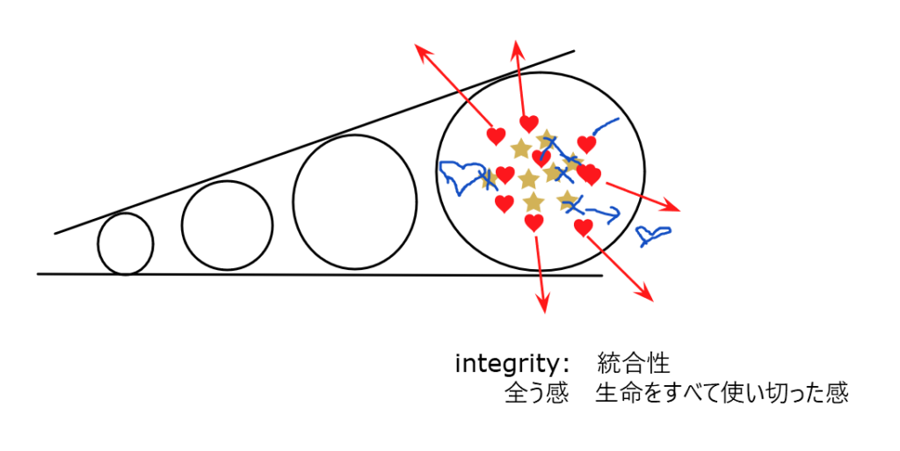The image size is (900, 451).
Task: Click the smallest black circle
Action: coord(126,244)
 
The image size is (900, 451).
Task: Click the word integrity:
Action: coord(512,363)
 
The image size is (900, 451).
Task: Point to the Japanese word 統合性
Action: coord(634,362)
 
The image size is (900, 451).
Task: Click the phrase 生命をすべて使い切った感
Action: coord(722,393)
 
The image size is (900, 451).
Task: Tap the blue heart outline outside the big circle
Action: coord(653,234)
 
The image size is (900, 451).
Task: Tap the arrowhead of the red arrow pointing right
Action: coord(678,209)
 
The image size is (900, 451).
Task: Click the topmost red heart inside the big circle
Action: coord(528,123)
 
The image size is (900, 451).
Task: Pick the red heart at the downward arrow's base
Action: coord(533,222)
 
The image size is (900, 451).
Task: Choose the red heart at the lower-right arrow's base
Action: coord(583,228)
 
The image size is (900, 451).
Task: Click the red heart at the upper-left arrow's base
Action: coord(496,136)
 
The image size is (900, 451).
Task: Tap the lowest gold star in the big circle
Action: coord(533,202)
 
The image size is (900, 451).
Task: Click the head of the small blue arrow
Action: coord(613,212)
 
